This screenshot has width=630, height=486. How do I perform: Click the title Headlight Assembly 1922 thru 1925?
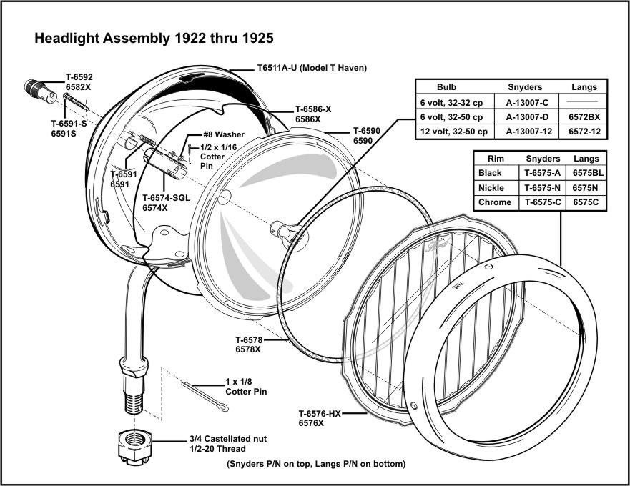pos(154,38)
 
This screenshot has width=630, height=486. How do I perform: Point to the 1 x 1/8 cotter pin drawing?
pos(203,397)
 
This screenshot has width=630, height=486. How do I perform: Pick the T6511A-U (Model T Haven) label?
pos(312,69)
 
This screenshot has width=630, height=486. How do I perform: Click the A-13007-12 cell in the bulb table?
pos(527,132)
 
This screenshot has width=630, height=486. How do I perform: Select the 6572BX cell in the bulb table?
pos(584,116)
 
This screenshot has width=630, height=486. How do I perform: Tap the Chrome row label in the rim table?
pos(495,202)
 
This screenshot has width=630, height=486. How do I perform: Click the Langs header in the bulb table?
pos(584,87)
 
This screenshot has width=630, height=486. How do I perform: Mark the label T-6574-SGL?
pos(166,198)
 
